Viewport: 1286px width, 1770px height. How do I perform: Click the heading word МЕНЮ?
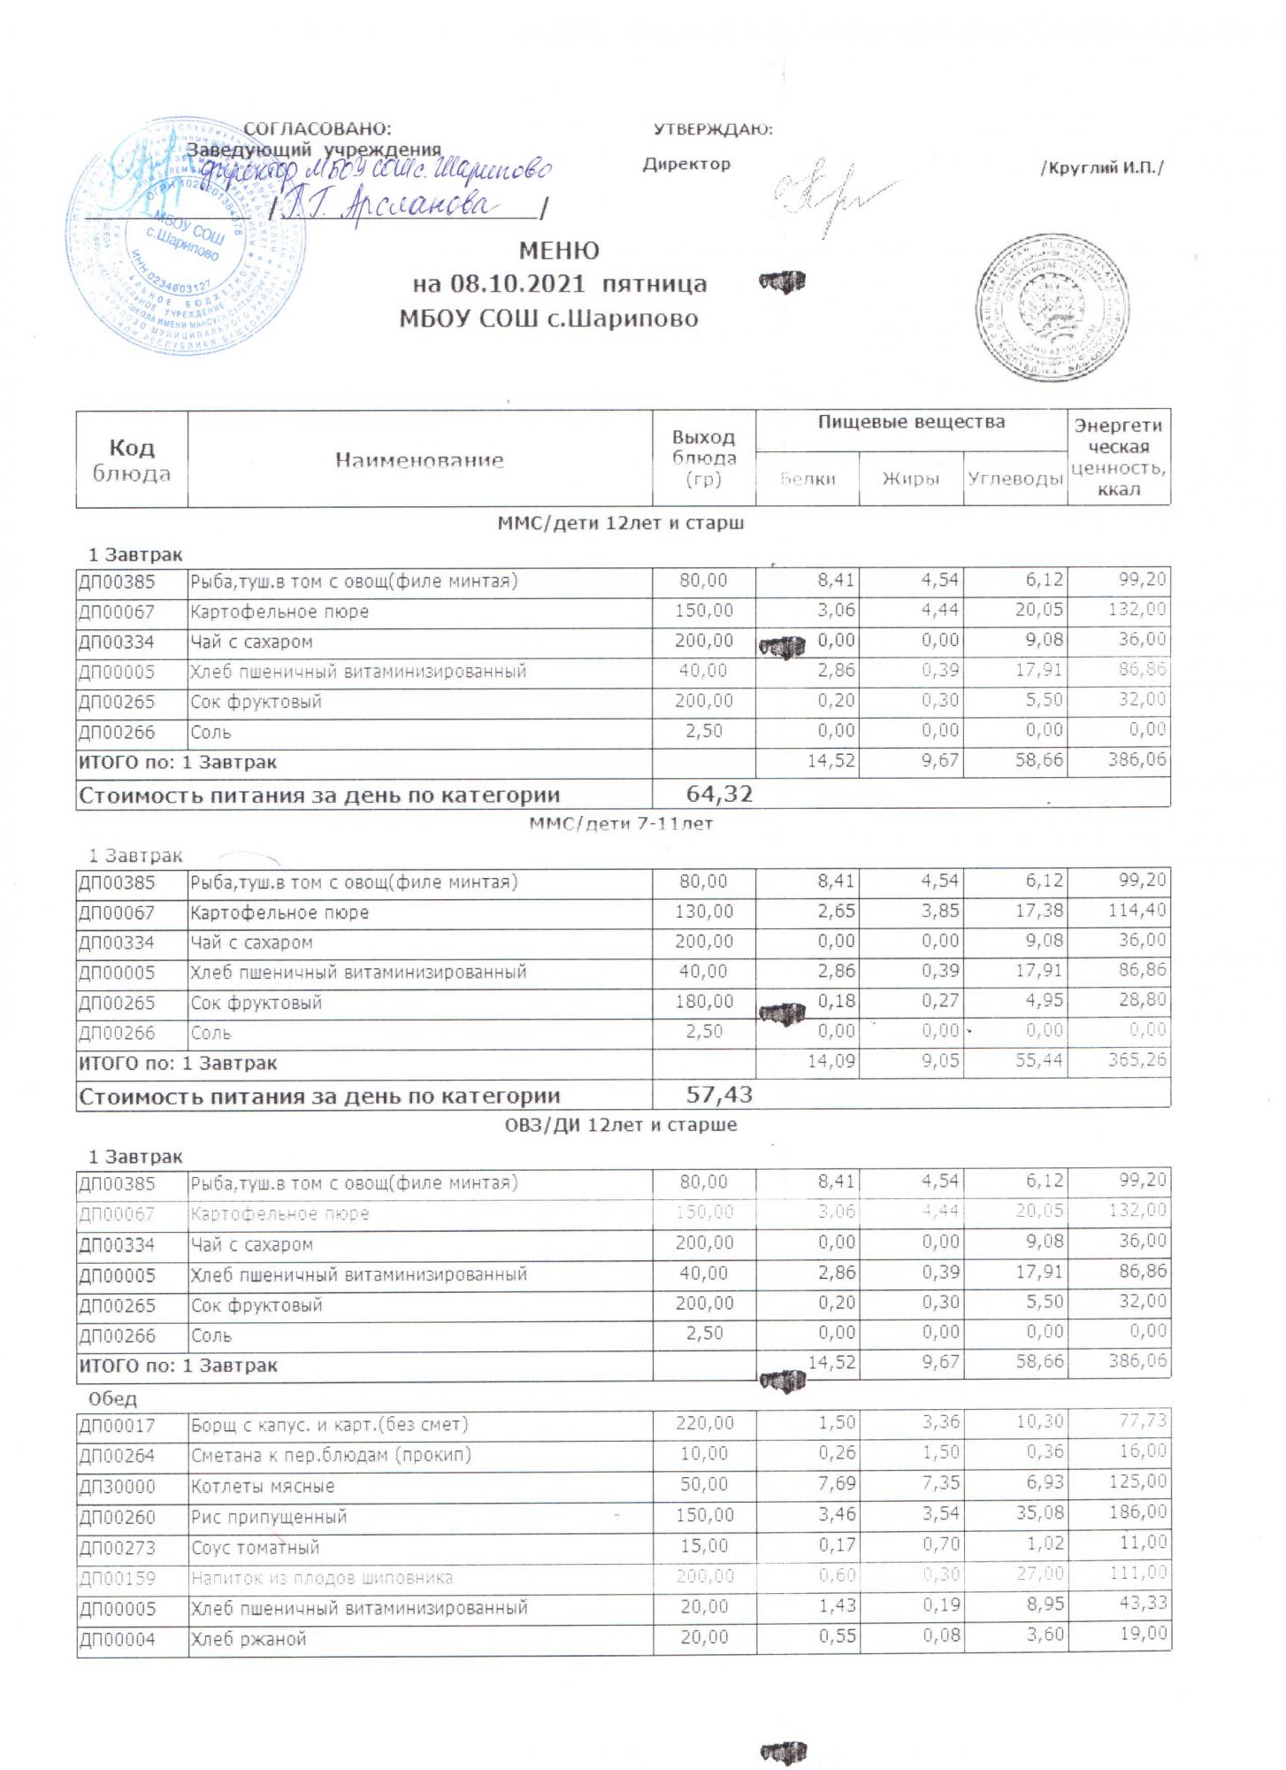558,251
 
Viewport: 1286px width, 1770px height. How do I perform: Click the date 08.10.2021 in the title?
517,285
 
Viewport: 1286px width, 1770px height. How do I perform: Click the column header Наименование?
419,460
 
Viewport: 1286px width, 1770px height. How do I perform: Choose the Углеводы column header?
1014,479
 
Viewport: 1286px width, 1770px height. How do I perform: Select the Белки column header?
808,479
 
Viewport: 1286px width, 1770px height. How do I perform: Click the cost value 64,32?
719,794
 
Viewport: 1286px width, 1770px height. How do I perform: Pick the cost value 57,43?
719,1095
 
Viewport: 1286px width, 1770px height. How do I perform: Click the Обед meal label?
113,1399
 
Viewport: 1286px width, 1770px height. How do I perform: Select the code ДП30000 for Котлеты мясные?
117,1486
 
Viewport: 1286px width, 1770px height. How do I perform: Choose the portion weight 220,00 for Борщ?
704,1424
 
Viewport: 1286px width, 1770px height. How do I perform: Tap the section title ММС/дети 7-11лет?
620,824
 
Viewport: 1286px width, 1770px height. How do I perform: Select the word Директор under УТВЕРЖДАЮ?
686,165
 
